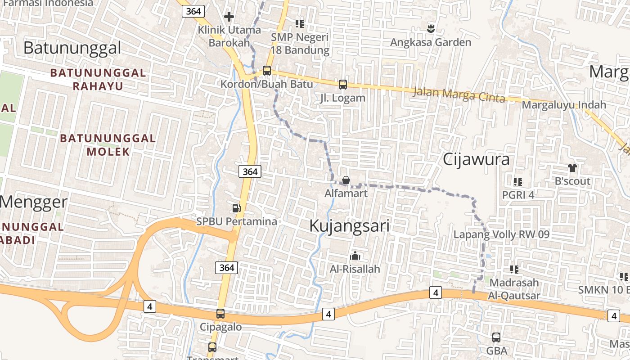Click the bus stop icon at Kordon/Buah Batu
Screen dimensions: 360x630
pos(267,70)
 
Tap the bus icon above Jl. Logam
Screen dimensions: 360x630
pos(343,84)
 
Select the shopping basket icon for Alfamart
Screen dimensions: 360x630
pos(346,180)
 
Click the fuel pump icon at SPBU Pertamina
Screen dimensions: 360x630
pos(236,208)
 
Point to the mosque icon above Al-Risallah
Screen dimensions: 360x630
pos(355,256)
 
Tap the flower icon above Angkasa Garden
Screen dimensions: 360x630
pos(431,28)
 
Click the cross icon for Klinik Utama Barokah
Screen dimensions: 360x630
pos(229,17)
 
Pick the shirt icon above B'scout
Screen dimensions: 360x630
pos(572,168)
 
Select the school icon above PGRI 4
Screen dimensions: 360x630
pos(517,182)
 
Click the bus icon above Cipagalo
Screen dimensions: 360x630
pos(220,314)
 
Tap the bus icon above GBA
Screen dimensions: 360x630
pos(496,337)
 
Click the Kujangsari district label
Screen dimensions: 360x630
pos(349,226)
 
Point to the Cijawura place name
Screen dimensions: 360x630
pos(476,159)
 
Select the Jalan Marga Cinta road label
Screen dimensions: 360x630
pos(459,95)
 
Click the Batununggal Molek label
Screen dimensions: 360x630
pos(108,145)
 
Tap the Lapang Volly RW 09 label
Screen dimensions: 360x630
pos(501,234)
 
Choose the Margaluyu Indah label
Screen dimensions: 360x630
pos(564,105)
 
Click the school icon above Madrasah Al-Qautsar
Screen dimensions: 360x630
pos(514,269)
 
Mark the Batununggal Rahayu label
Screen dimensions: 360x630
pos(98,79)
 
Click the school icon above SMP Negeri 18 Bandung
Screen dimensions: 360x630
pos(300,23)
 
